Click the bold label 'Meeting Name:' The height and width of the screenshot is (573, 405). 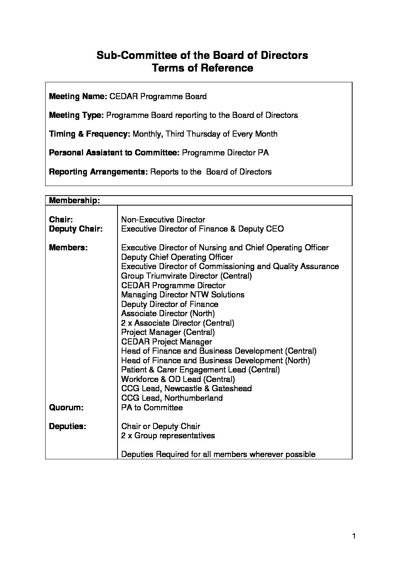coord(78,96)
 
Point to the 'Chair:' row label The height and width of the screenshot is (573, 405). coord(61,220)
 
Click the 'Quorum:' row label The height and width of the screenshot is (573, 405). coord(66,408)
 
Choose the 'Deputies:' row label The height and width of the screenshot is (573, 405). coord(68,426)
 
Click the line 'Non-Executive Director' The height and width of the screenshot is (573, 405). coord(163,220)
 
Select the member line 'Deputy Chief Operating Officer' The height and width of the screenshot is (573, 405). coord(177,257)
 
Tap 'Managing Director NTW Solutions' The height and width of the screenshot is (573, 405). coord(183,295)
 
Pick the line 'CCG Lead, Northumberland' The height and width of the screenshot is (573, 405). coord(172,398)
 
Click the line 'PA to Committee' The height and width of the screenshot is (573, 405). coord(152,408)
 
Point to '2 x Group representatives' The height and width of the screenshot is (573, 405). coord(168,436)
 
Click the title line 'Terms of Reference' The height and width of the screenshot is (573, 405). coord(202,68)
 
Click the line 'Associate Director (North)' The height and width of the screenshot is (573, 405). coord(168,313)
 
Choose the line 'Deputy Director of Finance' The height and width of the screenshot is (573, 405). coord(170,304)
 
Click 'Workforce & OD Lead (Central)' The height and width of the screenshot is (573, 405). coord(178,379)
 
